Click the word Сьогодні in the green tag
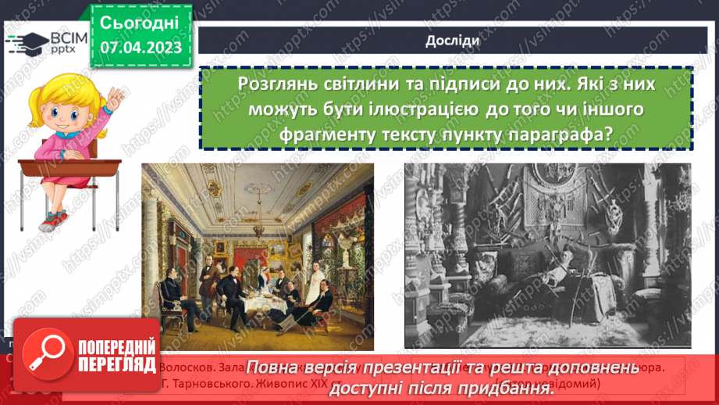point(141,22)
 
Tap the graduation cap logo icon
point(27,42)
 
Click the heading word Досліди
point(447,41)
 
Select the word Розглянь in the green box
point(278,84)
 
